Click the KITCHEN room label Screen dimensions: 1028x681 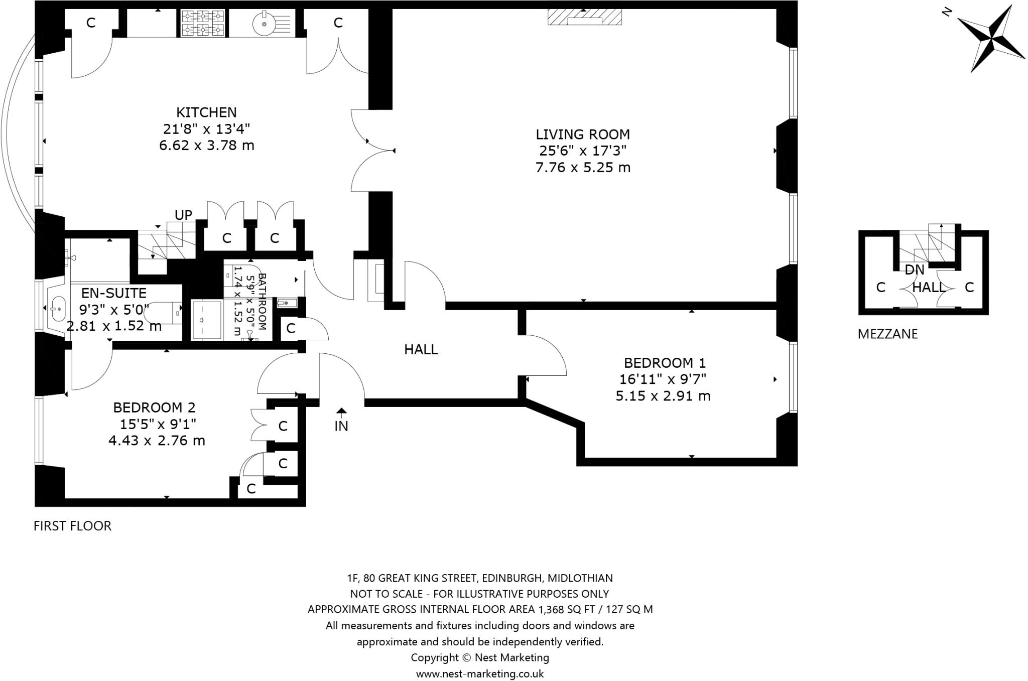pyautogui.click(x=206, y=112)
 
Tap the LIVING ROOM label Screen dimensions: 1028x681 pyautogui.click(x=583, y=134)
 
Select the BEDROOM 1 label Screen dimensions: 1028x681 pyautogui.click(x=665, y=363)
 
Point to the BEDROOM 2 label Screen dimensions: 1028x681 pyautogui.click(x=154, y=407)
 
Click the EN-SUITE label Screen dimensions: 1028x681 pyautogui.click(x=114, y=293)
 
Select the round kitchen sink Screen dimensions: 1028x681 pyautogui.click(x=263, y=23)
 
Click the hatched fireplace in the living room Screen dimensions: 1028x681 pyautogui.click(x=584, y=17)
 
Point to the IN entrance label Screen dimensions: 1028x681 pyautogui.click(x=341, y=426)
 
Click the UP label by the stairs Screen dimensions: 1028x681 pyautogui.click(x=183, y=215)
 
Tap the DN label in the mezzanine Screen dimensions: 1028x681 pyautogui.click(x=914, y=270)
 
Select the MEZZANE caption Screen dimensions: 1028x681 pyautogui.click(x=887, y=334)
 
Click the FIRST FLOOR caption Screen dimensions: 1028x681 pyautogui.click(x=72, y=526)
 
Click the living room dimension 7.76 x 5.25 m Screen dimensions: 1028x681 pyautogui.click(x=583, y=168)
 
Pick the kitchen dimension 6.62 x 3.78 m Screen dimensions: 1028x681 pyautogui.click(x=206, y=146)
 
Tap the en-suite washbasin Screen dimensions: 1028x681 pyautogui.click(x=57, y=308)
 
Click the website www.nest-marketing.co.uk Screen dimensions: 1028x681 pyautogui.click(x=480, y=673)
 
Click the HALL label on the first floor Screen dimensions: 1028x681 pyautogui.click(x=421, y=350)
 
